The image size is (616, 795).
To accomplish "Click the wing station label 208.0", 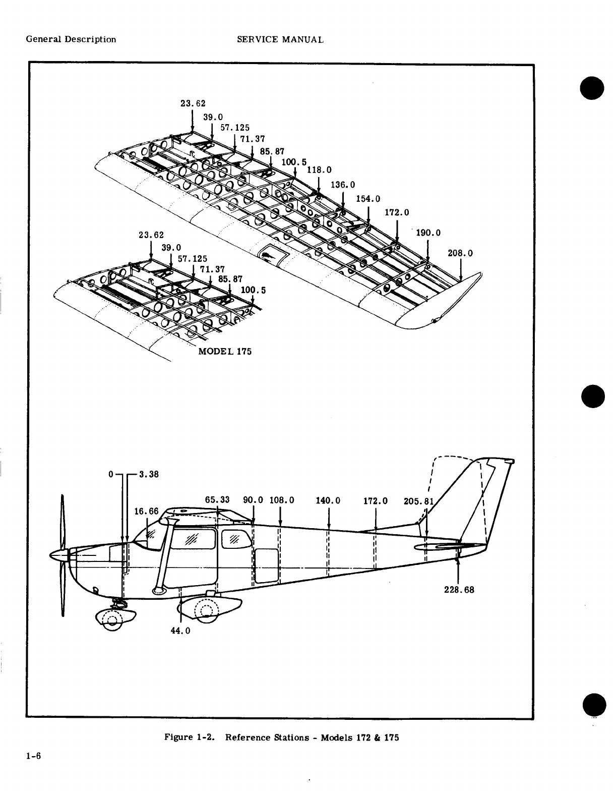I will tap(460, 253).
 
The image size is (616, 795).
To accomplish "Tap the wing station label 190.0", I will tap(428, 233).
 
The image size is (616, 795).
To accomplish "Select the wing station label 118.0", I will tap(319, 170).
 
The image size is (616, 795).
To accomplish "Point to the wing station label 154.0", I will tap(368, 199).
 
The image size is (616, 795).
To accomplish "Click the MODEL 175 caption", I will tap(225, 351).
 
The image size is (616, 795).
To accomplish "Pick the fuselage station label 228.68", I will tap(459, 589).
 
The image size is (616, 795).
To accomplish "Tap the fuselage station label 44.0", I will tap(180, 631).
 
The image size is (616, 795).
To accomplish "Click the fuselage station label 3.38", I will tap(148, 474).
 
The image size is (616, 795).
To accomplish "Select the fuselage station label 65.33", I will tap(217, 500).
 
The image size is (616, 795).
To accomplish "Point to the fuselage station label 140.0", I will tap(328, 501).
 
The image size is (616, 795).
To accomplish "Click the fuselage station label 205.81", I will tap(419, 501).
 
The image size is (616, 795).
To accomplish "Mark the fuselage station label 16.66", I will tap(146, 512).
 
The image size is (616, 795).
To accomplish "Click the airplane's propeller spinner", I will tap(58, 555).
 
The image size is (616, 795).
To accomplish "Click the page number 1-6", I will tap(34, 756).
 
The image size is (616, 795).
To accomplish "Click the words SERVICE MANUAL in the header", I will tap(280, 39).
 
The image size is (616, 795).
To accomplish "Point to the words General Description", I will tap(71, 39).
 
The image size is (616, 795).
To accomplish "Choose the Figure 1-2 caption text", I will tap(282, 737).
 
